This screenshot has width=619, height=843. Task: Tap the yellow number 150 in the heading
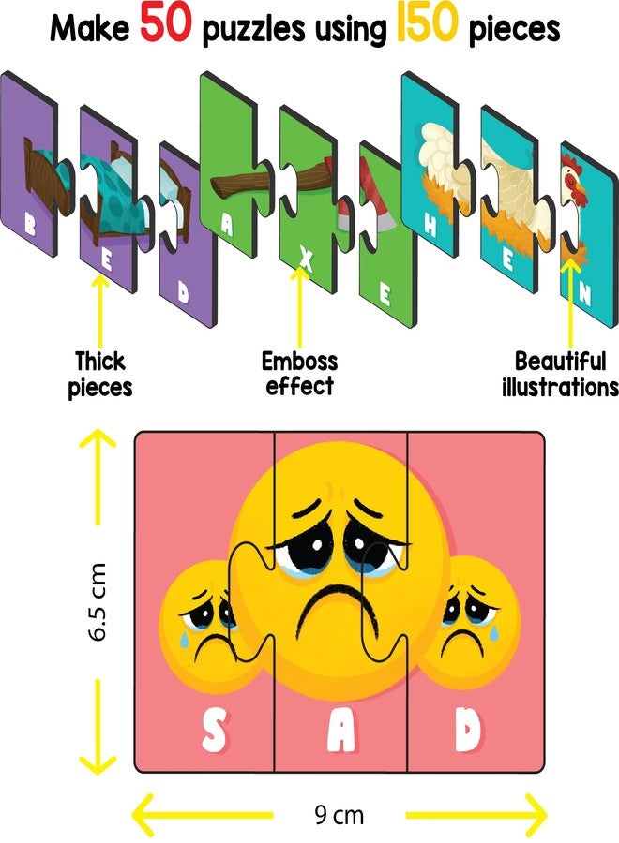coord(427,24)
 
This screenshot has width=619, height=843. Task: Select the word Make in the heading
coord(90,28)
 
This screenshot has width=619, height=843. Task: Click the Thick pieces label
coord(100,374)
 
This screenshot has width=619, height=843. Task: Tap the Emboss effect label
coord(300,373)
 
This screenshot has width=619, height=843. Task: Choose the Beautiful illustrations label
coord(560,374)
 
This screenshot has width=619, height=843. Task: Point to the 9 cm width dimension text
coord(340,815)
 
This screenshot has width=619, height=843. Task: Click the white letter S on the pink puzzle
coord(214,730)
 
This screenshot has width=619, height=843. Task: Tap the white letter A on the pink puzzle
coord(341,730)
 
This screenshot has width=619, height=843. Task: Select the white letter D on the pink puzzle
coord(468,729)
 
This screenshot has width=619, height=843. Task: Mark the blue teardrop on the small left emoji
coord(184,639)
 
